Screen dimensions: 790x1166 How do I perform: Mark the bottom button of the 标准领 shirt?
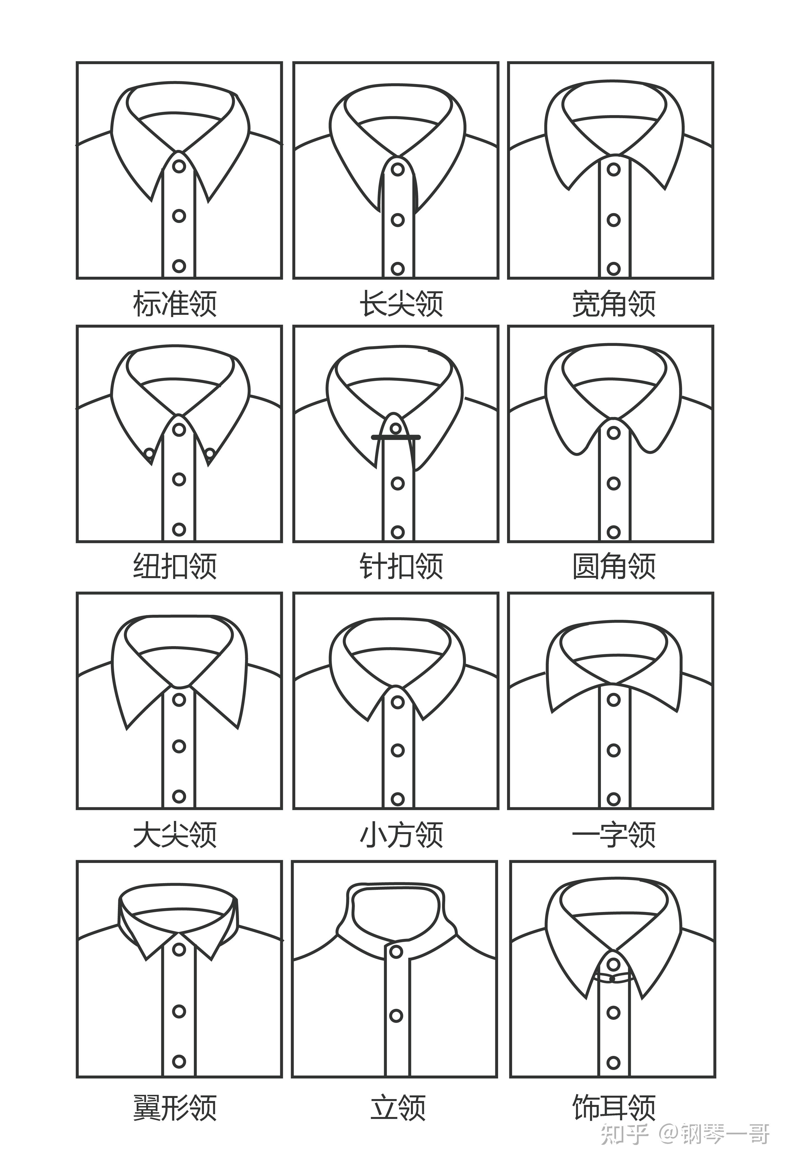click(x=179, y=266)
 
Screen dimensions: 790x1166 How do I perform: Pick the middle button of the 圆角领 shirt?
click(x=613, y=483)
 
